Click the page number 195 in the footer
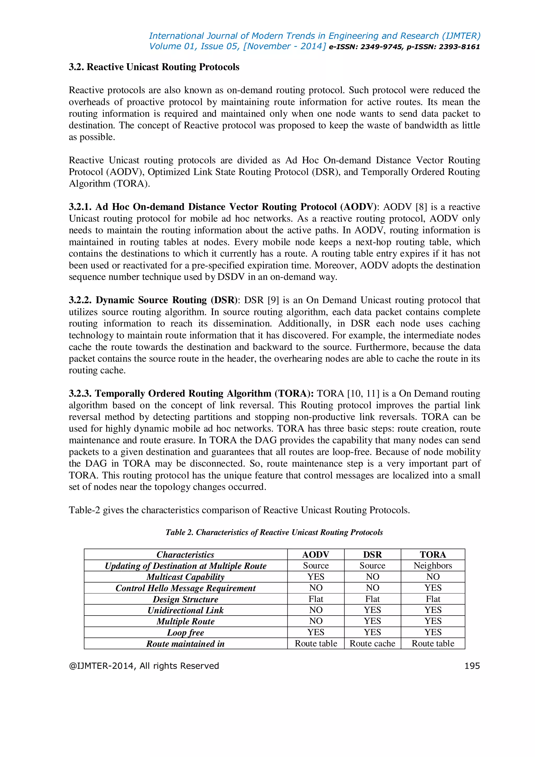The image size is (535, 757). click(x=472, y=666)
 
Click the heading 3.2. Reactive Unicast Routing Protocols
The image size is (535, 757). click(x=154, y=67)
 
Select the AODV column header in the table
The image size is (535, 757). click(x=316, y=555)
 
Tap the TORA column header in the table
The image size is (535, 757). click(x=433, y=555)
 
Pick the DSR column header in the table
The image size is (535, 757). click(x=372, y=555)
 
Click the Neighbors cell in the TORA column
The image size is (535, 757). click(x=433, y=566)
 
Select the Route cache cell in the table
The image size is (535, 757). click(x=372, y=644)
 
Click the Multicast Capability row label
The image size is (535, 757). click(x=185, y=577)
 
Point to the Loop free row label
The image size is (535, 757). click(x=185, y=632)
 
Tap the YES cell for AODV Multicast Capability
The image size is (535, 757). click(x=316, y=577)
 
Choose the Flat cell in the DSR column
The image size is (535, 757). click(x=372, y=599)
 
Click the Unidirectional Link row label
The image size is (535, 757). click(x=185, y=610)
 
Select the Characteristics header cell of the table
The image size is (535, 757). click(x=185, y=555)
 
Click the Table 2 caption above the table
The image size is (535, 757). click(x=274, y=532)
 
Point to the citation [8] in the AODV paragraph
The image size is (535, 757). click(x=421, y=207)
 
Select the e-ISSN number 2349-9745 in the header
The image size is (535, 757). click(x=381, y=47)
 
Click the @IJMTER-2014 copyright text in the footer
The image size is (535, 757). click(x=144, y=666)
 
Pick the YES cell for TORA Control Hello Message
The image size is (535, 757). click(x=433, y=588)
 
